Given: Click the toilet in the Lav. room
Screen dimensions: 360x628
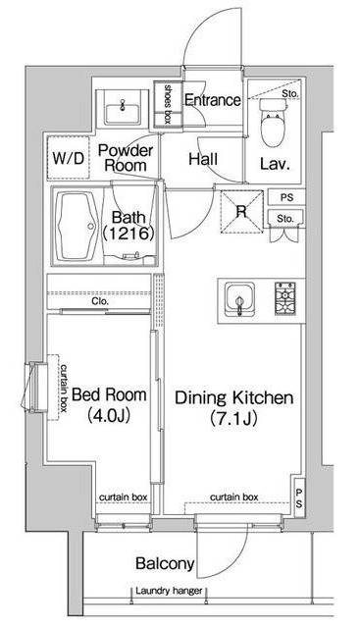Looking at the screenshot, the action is click(274, 122).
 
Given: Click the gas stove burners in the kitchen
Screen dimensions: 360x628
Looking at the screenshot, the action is click(284, 297).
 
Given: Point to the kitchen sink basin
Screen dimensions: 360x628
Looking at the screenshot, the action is click(239, 299).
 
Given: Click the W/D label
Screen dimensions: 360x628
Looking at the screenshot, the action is click(69, 159).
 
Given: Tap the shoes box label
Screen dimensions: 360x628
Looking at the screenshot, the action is click(168, 104).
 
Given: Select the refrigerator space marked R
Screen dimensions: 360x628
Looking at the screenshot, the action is click(242, 211).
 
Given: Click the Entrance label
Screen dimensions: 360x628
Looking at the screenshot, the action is click(213, 100).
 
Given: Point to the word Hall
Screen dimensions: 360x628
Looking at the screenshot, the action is click(203, 159).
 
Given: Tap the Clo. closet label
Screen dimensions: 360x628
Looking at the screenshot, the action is click(100, 301).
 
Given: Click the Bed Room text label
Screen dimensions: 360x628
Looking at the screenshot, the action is click(109, 394).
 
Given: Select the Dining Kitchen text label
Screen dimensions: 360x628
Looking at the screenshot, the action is click(234, 397).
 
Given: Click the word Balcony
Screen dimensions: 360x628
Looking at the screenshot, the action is click(165, 563).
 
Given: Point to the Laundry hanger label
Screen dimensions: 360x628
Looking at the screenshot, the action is click(169, 591).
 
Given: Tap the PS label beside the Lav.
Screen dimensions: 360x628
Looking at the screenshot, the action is click(286, 197).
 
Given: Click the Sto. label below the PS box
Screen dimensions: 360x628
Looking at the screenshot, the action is click(285, 219).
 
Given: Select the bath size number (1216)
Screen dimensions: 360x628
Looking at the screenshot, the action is click(129, 234).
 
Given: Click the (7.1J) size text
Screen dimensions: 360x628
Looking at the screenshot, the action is click(233, 419).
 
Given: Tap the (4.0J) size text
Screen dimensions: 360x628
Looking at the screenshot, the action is click(109, 415).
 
